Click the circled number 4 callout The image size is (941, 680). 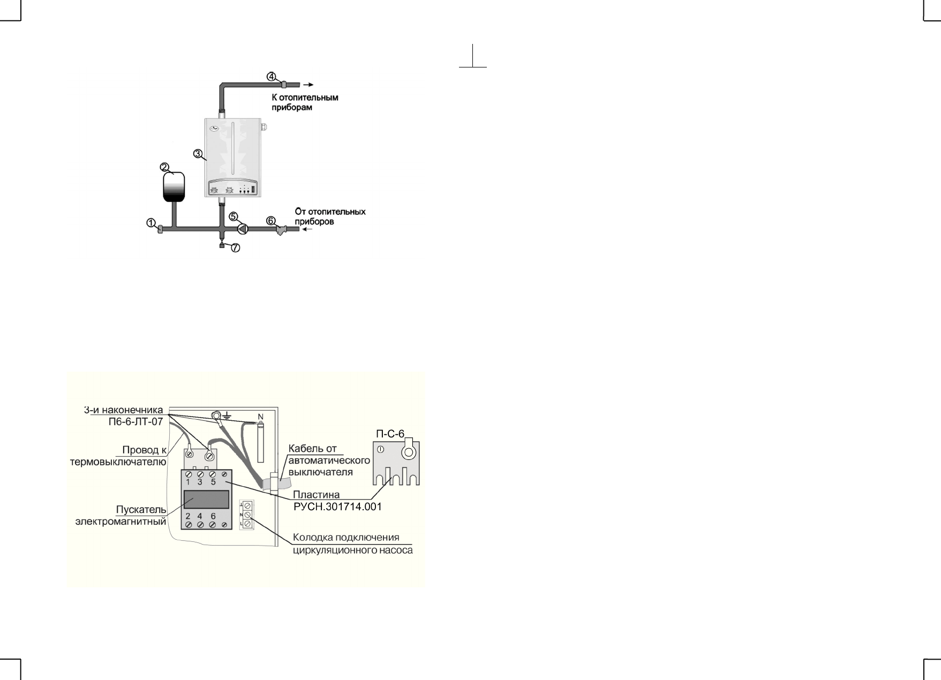pos(272,76)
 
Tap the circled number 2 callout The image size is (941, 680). pos(165,167)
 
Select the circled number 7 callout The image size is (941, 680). pos(236,248)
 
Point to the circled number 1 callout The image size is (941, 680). pos(151,222)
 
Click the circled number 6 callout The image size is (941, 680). pos(271,221)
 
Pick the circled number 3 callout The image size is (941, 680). pos(198,154)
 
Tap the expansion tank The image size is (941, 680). pos(174,187)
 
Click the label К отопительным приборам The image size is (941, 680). pos(305,103)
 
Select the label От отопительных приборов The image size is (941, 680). pos(330,216)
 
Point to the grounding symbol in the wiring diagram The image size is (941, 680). pos(228,415)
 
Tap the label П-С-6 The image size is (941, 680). pos(390,434)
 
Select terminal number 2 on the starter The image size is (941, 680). pos(189,517)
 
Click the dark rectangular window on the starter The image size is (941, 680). pos(207,499)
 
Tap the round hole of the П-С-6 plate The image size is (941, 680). pos(408,453)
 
